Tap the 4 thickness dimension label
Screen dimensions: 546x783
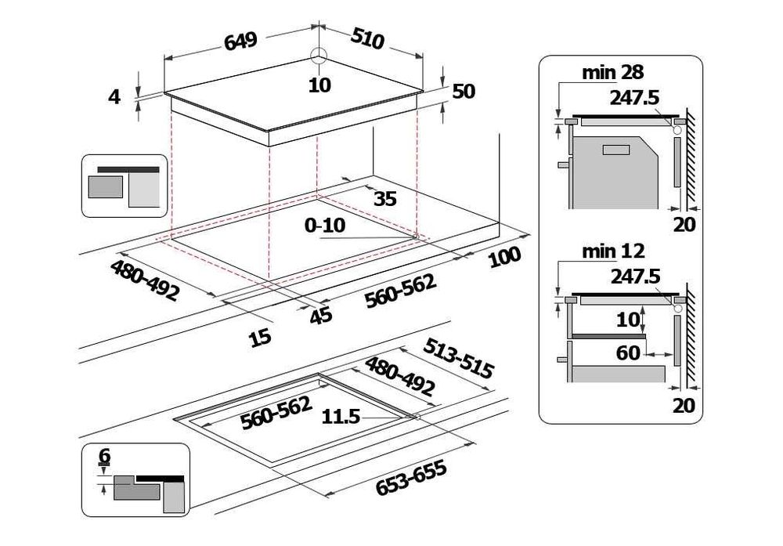115,96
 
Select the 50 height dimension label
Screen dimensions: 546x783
464,92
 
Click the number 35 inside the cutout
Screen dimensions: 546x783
384,198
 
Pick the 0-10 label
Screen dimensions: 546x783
325,226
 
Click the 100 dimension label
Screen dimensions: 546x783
504,256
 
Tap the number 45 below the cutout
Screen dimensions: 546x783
321,315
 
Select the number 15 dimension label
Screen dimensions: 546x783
260,338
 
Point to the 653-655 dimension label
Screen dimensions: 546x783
411,478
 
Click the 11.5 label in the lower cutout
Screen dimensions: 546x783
341,418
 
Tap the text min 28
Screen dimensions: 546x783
613,73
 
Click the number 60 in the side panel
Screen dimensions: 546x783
629,353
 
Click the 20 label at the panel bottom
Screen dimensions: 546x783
684,405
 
